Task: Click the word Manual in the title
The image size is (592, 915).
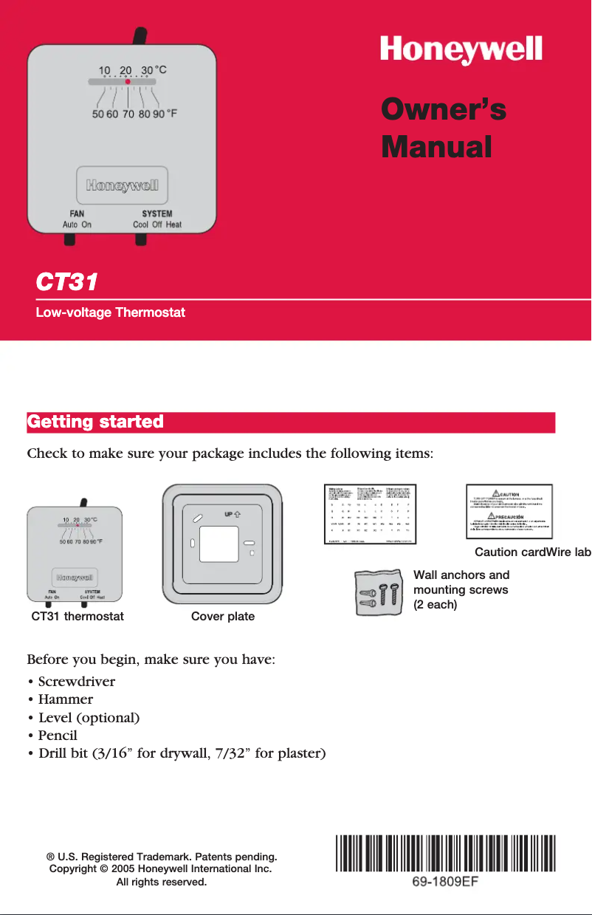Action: (x=436, y=146)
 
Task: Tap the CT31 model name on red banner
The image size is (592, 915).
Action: (x=67, y=283)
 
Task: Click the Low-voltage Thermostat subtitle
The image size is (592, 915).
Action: (x=111, y=312)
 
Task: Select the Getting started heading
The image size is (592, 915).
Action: (x=95, y=422)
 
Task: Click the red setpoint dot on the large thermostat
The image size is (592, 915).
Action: (x=128, y=83)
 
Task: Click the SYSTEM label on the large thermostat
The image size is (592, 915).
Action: (x=157, y=214)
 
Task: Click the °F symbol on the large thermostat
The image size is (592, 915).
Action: (x=172, y=114)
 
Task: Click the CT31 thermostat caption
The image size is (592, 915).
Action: (x=78, y=616)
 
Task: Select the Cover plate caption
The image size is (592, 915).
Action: (x=223, y=616)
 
